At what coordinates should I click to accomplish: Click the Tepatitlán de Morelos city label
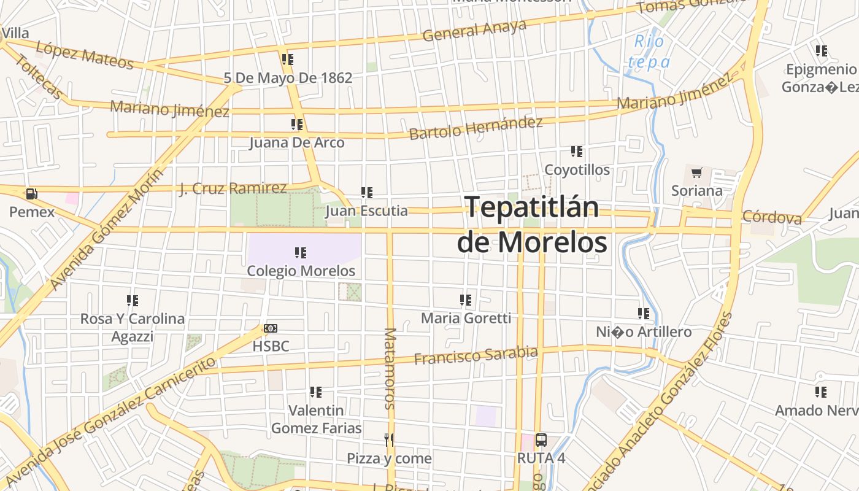click(532, 224)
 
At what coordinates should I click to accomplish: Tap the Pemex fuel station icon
click(31, 195)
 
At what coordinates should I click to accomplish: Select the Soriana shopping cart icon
click(696, 173)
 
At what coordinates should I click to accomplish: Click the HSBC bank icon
click(271, 328)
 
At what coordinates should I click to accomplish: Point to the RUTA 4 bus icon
click(541, 440)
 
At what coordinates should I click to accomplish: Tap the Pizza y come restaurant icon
click(388, 440)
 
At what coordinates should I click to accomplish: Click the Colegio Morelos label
click(301, 271)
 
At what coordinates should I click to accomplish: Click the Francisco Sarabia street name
click(476, 355)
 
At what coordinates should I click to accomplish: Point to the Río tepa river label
click(649, 52)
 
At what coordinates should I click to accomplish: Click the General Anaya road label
click(475, 31)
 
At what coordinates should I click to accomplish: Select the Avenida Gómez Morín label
click(108, 228)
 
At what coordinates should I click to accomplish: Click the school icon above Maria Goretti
click(466, 300)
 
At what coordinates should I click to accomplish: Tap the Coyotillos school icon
click(577, 152)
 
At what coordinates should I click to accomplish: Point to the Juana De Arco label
click(297, 143)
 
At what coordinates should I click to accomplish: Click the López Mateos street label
click(84, 55)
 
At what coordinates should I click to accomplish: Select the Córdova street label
click(772, 217)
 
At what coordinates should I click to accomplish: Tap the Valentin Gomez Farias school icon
click(316, 392)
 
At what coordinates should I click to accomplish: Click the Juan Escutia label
click(367, 211)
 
